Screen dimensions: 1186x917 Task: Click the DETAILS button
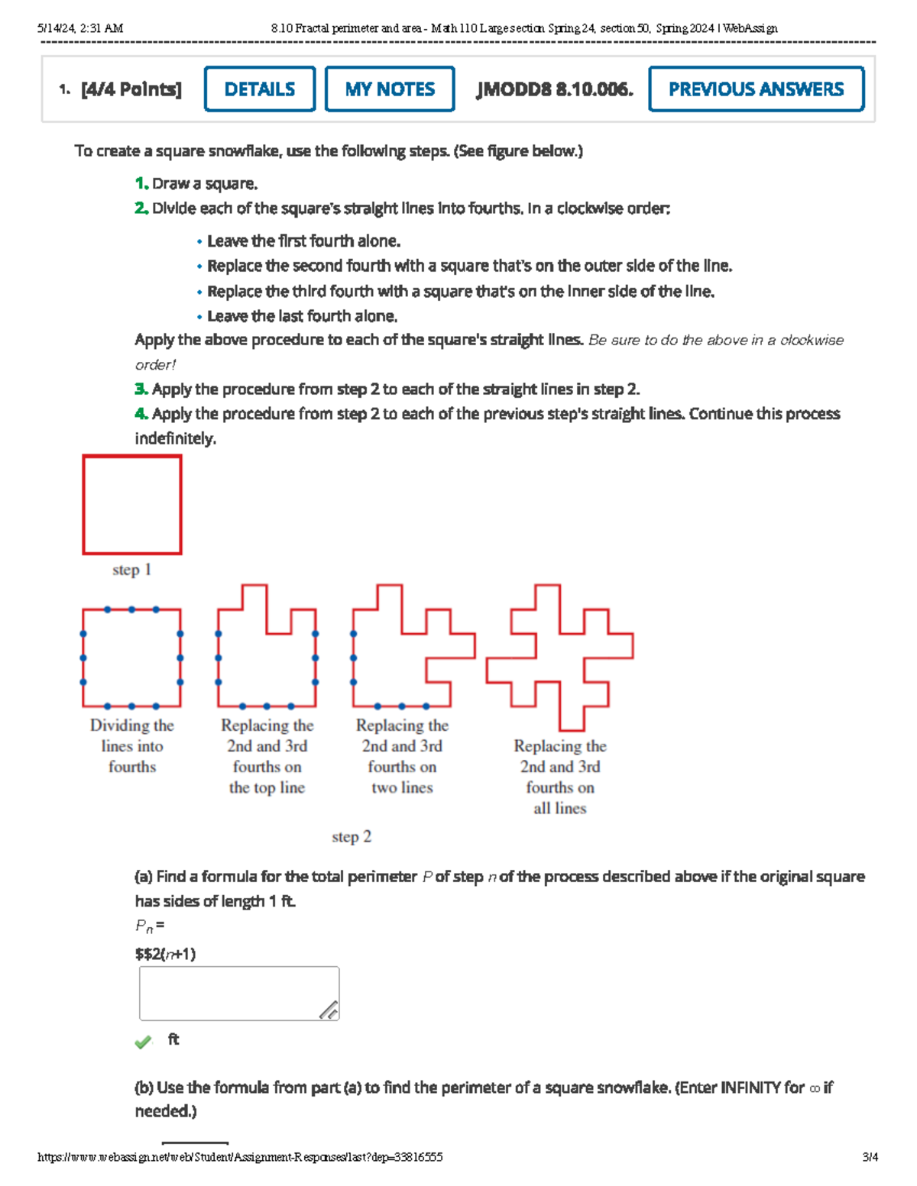click(260, 89)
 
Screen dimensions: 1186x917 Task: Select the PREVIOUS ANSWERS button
click(756, 89)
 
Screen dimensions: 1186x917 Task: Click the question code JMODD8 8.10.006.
click(555, 89)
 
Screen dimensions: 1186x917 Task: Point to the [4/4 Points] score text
click(131, 89)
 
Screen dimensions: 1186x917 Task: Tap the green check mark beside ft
click(143, 1042)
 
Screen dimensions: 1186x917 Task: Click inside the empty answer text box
click(229, 993)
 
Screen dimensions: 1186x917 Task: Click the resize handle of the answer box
click(329, 1010)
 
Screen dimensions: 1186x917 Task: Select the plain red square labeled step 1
click(132, 505)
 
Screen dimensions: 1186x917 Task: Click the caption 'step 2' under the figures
click(352, 837)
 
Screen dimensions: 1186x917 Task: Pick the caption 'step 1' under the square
click(131, 570)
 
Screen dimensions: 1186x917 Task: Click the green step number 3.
click(141, 389)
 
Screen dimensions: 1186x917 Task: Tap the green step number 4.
click(141, 414)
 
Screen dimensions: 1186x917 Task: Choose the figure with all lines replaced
click(560, 657)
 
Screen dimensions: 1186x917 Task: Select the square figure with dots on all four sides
click(132, 658)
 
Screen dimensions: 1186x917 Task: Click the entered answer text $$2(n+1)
click(165, 954)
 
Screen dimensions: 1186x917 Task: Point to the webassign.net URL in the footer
click(240, 1157)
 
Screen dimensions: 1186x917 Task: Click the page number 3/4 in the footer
click(870, 1157)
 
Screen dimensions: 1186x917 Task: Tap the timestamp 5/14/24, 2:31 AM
click(80, 28)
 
